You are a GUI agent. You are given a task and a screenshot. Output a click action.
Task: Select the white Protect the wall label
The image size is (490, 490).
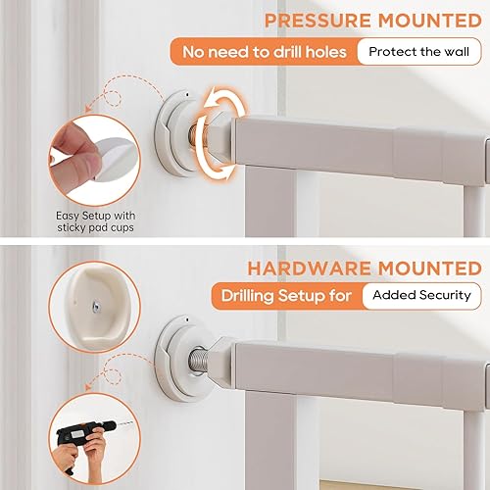click(x=418, y=51)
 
